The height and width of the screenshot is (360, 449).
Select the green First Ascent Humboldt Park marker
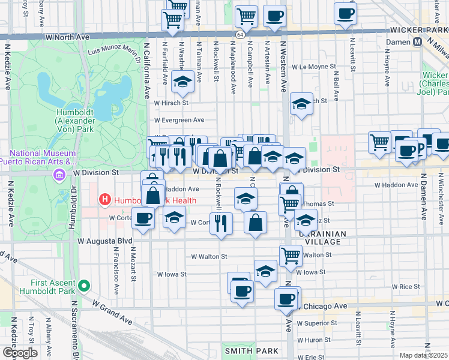pos(85,287)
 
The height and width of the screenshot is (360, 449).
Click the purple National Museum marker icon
pos(59,175)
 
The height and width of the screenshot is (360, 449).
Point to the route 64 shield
pos(240,36)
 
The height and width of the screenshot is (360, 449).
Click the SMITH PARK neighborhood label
pos(251,350)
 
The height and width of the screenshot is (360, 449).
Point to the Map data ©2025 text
pos(423,355)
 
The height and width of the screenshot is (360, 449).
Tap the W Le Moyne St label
pos(312,67)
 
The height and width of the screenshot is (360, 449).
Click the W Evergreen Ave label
pos(179,120)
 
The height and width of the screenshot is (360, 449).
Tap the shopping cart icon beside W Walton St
pos(291,254)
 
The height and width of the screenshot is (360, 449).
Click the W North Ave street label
pos(67,37)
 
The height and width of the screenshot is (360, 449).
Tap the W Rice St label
pos(405,287)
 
